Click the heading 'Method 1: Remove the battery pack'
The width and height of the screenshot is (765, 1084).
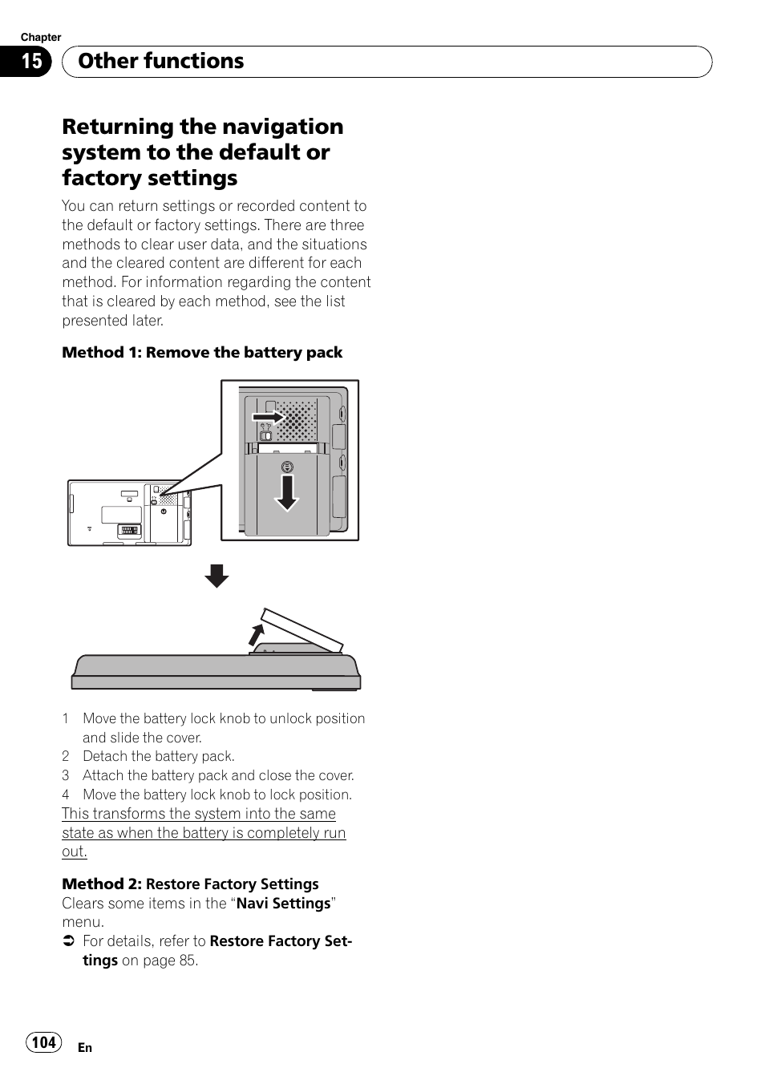pyautogui.click(x=202, y=353)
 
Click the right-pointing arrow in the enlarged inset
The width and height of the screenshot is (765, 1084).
pyautogui.click(x=268, y=417)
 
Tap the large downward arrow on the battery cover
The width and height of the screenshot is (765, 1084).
pyautogui.click(x=286, y=491)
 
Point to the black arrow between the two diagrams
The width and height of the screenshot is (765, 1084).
pyautogui.click(x=216, y=576)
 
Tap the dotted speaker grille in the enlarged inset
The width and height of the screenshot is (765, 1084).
pyautogui.click(x=297, y=421)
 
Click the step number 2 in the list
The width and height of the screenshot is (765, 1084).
pyautogui.click(x=66, y=757)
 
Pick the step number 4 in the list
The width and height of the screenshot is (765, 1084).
pyautogui.click(x=66, y=795)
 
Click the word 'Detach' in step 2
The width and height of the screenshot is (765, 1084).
pyautogui.click(x=103, y=757)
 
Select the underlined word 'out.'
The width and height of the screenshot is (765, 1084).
pyautogui.click(x=74, y=851)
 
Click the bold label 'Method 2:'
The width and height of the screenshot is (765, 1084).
pyautogui.click(x=102, y=884)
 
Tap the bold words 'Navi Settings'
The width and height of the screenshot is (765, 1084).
pyautogui.click(x=284, y=904)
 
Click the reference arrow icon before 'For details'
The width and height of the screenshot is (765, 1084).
pyautogui.click(x=69, y=941)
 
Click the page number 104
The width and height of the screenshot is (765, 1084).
pyautogui.click(x=43, y=1042)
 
